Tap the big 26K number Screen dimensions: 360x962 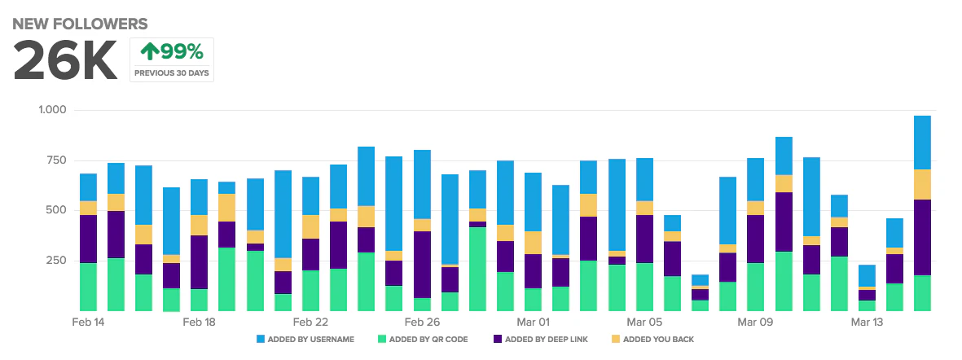click(66, 60)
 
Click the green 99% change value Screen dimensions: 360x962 click(172, 53)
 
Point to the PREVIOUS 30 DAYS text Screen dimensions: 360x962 click(172, 73)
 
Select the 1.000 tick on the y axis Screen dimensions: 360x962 click(52, 110)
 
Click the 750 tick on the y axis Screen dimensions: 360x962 click(56, 160)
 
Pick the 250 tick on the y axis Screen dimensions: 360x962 click(56, 261)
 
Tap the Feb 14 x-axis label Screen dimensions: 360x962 click(88, 323)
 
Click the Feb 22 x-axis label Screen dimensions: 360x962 click(310, 323)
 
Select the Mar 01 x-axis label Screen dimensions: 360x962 click(533, 323)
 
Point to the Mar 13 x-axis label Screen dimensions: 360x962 click(867, 323)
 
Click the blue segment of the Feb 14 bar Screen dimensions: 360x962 click(88, 187)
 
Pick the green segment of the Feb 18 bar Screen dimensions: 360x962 click(200, 300)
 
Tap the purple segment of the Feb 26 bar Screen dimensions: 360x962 click(422, 265)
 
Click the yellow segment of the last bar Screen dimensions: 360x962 click(922, 184)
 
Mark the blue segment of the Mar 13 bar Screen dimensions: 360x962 click(867, 275)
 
